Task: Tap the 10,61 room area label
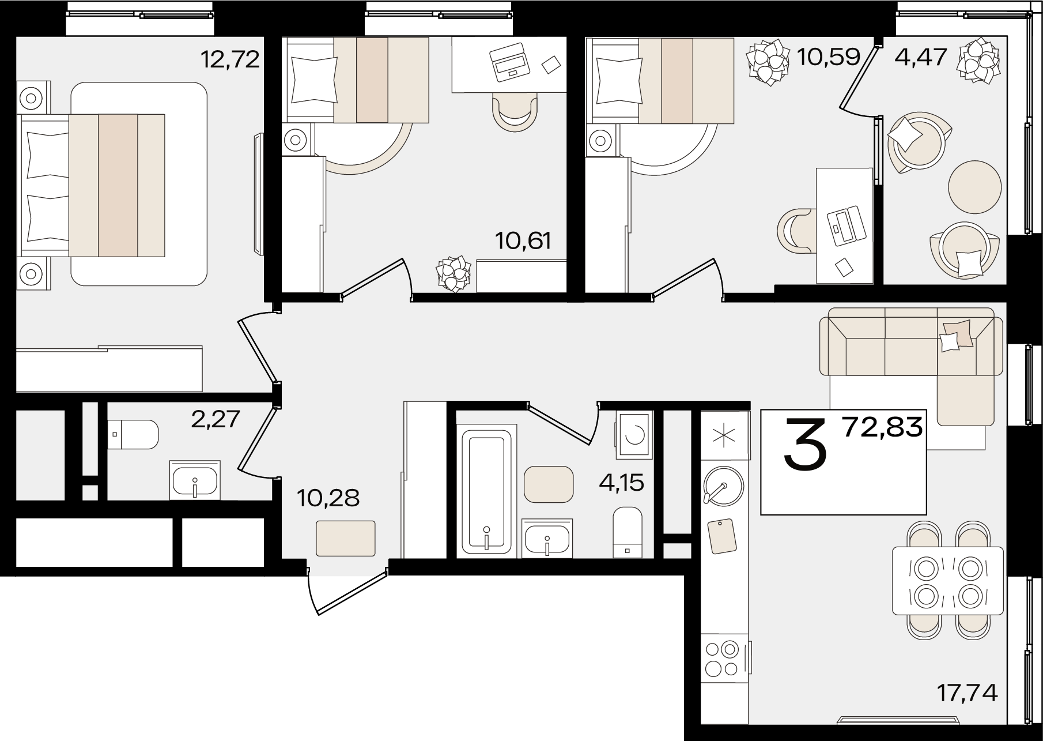coord(523,240)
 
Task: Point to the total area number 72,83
coord(882,427)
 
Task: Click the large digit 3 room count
coord(806,445)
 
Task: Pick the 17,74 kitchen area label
coord(968,693)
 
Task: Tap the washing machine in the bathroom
coord(634,435)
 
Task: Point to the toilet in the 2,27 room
coord(133,434)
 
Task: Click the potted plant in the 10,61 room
coord(453,273)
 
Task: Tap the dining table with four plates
coord(947,581)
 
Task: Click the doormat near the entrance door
coord(346,538)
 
